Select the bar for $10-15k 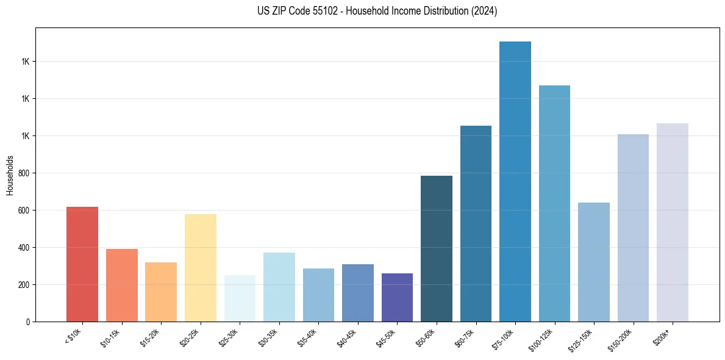click(x=122, y=285)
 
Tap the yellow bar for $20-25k click(x=201, y=268)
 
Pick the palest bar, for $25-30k click(x=240, y=298)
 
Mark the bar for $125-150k click(x=594, y=262)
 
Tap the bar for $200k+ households click(x=673, y=222)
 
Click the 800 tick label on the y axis click(x=24, y=173)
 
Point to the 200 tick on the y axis click(x=24, y=285)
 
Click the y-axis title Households click(x=10, y=175)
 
